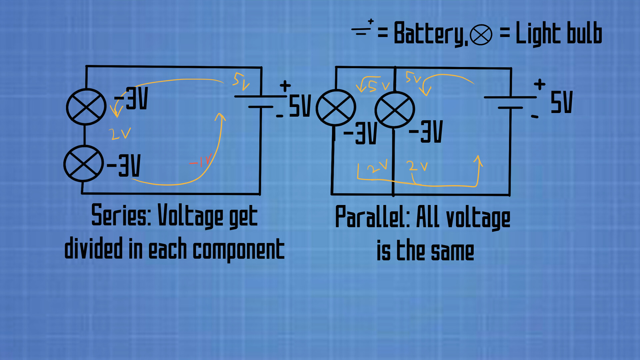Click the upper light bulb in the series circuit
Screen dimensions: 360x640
[x=86, y=107]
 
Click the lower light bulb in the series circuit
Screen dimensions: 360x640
[x=83, y=164]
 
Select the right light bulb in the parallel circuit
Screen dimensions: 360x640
[x=395, y=110]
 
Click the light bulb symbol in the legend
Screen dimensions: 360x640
[x=481, y=35]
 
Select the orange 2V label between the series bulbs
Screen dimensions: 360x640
[x=119, y=134]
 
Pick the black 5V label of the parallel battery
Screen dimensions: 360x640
[x=561, y=102]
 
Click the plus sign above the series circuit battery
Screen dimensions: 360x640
[x=285, y=86]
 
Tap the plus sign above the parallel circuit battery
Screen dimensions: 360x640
[x=539, y=84]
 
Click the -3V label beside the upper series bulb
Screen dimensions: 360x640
[x=131, y=99]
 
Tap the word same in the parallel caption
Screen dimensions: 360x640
[x=452, y=252]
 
